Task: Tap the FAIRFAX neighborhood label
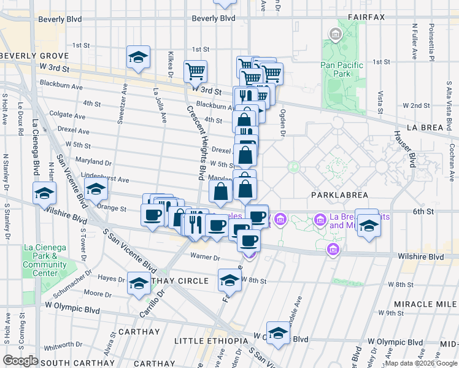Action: pos(366,17)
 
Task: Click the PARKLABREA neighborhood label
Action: pos(339,195)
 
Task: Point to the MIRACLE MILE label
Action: pos(423,305)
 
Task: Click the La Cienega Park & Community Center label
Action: pos(44,256)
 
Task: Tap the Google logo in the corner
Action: pos(20,361)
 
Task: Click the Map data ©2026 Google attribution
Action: pos(421,363)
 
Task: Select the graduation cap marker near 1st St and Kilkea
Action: pos(139,58)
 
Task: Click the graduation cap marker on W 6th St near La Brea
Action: pos(369,226)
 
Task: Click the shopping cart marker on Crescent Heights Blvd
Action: pos(195,71)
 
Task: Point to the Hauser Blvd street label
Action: pos(408,151)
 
